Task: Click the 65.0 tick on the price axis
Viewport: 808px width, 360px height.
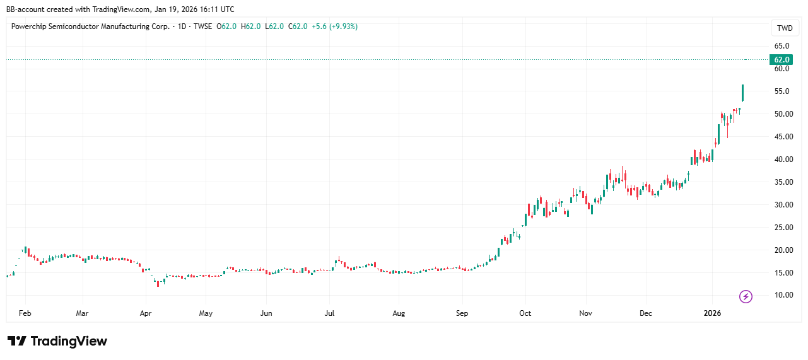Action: [782, 46]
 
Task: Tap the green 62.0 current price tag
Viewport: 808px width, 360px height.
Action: [782, 59]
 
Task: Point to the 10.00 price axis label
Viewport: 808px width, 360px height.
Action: [782, 295]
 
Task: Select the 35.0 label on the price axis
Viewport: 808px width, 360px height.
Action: [782, 182]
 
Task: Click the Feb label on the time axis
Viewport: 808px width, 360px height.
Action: [26, 313]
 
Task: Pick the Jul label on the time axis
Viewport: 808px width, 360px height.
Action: [329, 313]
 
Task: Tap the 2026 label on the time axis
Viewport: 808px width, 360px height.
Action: [713, 313]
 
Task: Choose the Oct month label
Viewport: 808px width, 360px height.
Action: [525, 313]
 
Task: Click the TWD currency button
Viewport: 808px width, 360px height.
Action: [785, 28]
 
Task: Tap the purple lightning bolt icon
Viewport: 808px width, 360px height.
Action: [746, 296]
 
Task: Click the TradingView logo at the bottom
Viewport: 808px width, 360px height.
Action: [57, 341]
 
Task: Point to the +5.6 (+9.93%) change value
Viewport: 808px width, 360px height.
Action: [334, 26]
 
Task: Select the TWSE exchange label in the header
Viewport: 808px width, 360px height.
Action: [201, 26]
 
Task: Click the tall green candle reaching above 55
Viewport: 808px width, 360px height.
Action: [743, 93]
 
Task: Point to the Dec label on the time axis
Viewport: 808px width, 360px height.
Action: [645, 313]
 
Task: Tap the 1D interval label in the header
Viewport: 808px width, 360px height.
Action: [182, 26]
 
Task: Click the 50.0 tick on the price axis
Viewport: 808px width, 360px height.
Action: [782, 114]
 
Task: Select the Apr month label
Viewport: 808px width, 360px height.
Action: [146, 313]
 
